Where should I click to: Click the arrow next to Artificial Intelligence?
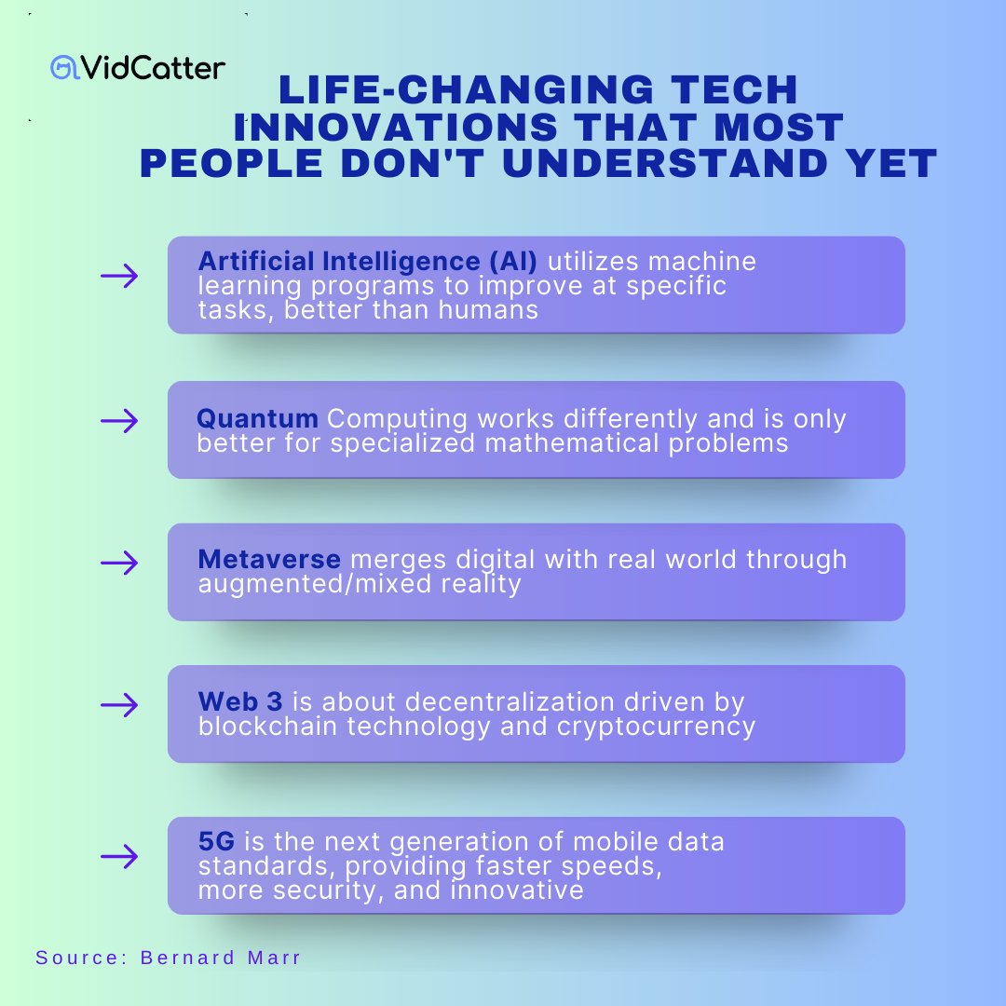pos(119,276)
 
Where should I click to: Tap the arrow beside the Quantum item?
pos(119,422)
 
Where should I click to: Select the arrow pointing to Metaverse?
pos(119,563)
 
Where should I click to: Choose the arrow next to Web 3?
pos(119,705)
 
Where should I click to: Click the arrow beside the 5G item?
pos(119,856)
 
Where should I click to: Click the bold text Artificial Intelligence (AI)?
pos(368,262)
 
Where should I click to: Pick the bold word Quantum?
pos(258,419)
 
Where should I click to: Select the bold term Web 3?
pos(240,701)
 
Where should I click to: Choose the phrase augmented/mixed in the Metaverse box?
pos(318,584)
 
